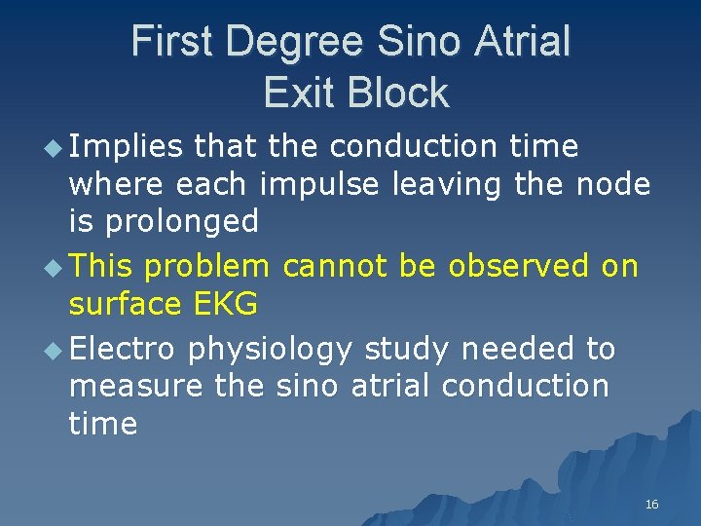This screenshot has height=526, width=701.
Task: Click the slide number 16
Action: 651,504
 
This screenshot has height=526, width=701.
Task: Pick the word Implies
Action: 126,147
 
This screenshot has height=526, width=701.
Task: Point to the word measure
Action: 136,386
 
